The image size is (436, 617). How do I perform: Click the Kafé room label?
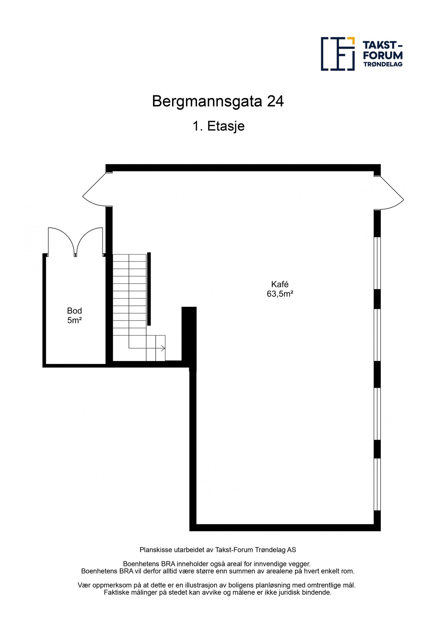(x=279, y=284)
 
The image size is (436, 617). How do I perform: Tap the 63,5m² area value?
(x=280, y=294)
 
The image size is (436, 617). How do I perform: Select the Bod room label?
(x=74, y=311)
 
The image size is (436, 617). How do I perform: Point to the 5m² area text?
(x=74, y=320)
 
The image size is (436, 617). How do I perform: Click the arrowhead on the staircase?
(x=163, y=348)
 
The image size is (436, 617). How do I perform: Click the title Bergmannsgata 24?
(x=218, y=101)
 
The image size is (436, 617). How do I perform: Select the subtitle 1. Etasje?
(x=218, y=126)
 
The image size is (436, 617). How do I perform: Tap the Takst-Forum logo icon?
(x=337, y=54)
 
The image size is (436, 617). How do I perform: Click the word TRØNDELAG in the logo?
(x=383, y=64)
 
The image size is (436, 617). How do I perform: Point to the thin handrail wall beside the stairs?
(x=149, y=289)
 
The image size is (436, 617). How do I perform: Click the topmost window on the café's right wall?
(x=377, y=263)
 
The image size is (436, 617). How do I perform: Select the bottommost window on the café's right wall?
(x=377, y=484)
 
